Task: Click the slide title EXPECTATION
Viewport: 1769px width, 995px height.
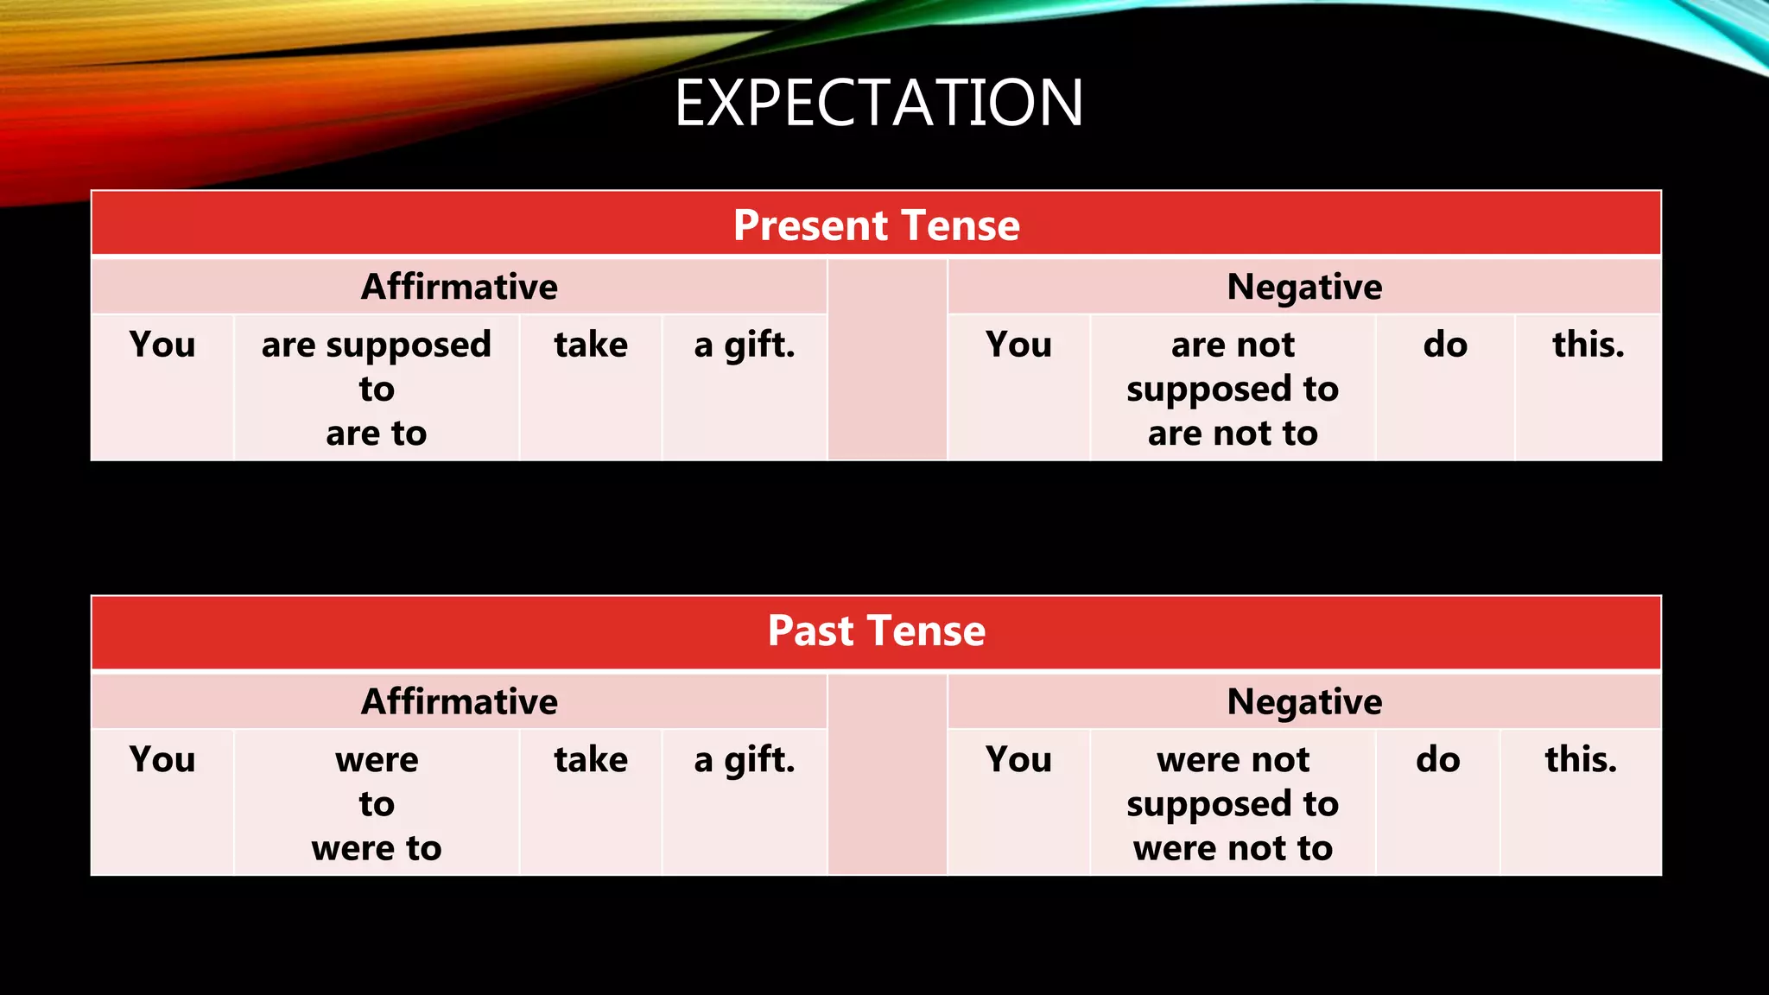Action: (x=878, y=103)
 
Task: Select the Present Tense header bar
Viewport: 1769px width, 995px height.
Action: (x=876, y=225)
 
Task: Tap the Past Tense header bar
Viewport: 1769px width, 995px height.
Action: (x=876, y=631)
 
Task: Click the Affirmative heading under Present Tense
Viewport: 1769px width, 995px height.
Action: (x=459, y=287)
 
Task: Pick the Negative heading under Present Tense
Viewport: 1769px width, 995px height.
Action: (x=1303, y=287)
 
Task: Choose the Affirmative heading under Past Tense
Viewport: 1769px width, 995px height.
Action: (x=459, y=701)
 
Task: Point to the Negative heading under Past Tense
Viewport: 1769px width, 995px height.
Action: (x=1303, y=701)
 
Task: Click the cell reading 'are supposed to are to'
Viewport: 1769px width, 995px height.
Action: (x=377, y=389)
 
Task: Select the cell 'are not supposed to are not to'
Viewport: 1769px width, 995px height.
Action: (x=1233, y=389)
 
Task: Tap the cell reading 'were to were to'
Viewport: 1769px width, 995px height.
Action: (x=377, y=803)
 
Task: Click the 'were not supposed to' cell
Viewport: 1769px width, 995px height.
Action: (x=1233, y=803)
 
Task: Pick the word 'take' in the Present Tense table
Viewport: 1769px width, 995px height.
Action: (x=591, y=345)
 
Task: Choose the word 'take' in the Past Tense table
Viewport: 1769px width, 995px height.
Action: (x=591, y=759)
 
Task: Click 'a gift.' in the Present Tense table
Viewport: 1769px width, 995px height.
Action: (x=744, y=345)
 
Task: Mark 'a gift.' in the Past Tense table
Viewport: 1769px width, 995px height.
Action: (x=744, y=759)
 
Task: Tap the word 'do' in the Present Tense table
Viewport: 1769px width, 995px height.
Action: (x=1445, y=345)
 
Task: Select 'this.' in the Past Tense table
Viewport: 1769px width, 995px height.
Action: (x=1581, y=759)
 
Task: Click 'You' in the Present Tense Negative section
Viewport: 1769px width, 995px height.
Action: (x=1018, y=345)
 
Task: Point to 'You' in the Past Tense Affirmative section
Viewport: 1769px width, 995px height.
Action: (x=162, y=759)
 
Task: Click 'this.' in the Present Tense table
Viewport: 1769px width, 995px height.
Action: (x=1588, y=345)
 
